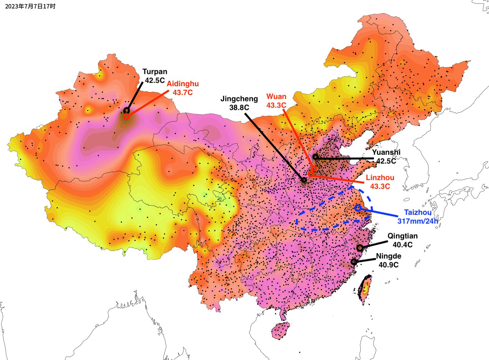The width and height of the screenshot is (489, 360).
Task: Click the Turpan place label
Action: coord(155,72)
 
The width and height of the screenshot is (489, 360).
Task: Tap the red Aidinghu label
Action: coord(183,84)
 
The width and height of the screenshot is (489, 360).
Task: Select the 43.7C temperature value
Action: coord(183,92)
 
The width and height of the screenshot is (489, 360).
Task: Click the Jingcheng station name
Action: coord(239,99)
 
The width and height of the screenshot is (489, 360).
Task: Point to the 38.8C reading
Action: coord(239,107)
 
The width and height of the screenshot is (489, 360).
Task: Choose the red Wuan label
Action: coord(276,97)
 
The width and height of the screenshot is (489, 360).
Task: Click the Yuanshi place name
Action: coord(386,152)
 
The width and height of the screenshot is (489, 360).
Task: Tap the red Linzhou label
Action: coord(380,178)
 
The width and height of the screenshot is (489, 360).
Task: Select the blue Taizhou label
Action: coord(418,212)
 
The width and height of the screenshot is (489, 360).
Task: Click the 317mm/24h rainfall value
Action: coord(418,221)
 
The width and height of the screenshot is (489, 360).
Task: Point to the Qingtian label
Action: coord(402,236)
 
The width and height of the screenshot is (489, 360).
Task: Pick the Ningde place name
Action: coord(388,256)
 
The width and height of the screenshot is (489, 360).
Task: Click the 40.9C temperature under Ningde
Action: coord(388,265)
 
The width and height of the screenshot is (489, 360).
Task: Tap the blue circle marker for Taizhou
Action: coord(358,208)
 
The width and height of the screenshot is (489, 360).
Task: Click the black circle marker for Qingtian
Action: coord(360,248)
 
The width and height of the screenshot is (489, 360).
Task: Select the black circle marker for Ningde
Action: coord(354,262)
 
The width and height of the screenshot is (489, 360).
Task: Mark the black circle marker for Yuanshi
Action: coord(315,157)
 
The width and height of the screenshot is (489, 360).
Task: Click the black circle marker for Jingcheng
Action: coord(304,180)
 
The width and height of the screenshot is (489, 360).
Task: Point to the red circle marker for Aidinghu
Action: coord(126,116)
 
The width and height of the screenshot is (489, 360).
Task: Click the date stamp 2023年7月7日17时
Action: coord(30,6)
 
